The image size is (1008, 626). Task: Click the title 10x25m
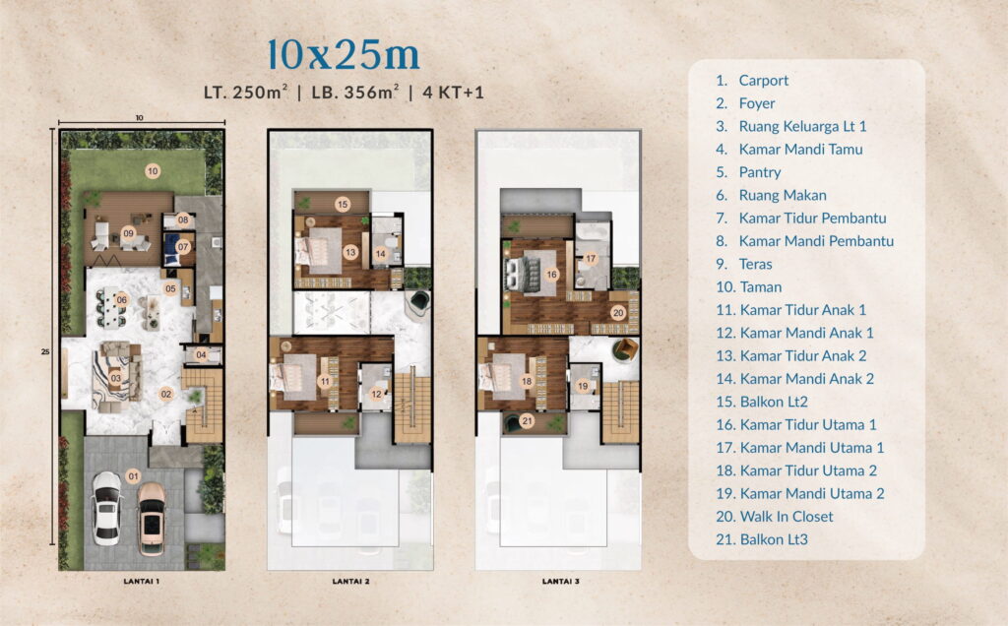point(344,55)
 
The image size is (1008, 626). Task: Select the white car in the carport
point(106,507)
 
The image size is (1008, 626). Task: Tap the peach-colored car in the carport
point(151,513)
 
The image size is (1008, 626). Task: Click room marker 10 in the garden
point(153,171)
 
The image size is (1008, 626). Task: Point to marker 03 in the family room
point(115,378)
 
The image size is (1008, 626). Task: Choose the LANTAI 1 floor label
point(142,582)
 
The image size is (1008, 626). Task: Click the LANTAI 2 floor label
point(351,582)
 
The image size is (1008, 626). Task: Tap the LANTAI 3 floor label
point(560,582)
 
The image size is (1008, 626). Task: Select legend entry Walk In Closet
point(785,516)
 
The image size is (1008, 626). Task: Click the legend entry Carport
point(763,81)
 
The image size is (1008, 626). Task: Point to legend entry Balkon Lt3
point(773,538)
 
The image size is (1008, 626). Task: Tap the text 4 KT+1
point(453,94)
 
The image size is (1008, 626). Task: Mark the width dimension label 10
point(140,118)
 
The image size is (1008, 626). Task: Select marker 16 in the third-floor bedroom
point(551,274)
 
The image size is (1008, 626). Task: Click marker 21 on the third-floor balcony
point(527,421)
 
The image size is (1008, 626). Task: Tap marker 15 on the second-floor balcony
point(343,205)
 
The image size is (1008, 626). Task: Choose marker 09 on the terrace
point(128,232)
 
